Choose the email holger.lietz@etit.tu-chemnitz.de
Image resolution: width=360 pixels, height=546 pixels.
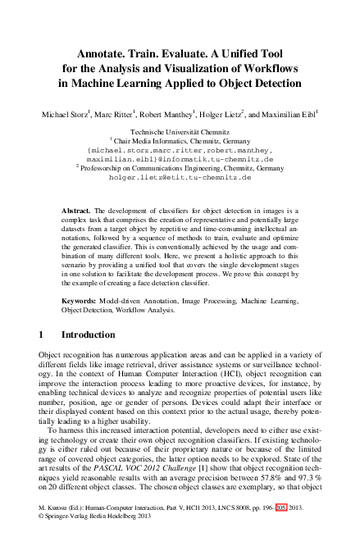tap(180, 176)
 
